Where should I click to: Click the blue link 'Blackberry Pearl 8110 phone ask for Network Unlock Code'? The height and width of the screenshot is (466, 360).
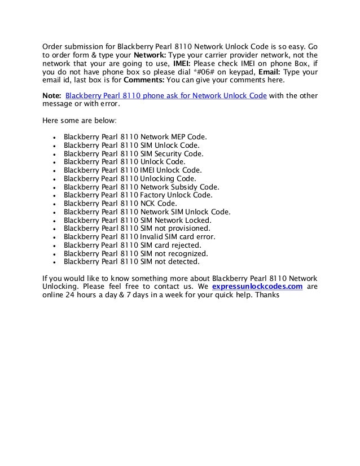166,95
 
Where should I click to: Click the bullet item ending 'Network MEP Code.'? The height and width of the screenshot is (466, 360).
135,137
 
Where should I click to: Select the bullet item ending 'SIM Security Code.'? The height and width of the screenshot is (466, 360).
134,153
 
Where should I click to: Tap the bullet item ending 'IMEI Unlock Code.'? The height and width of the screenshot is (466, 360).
133,170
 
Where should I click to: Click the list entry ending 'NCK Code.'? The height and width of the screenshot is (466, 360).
120,203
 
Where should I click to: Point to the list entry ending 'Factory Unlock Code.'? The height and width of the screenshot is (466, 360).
138,195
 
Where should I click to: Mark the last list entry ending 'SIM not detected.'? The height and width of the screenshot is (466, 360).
131,262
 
